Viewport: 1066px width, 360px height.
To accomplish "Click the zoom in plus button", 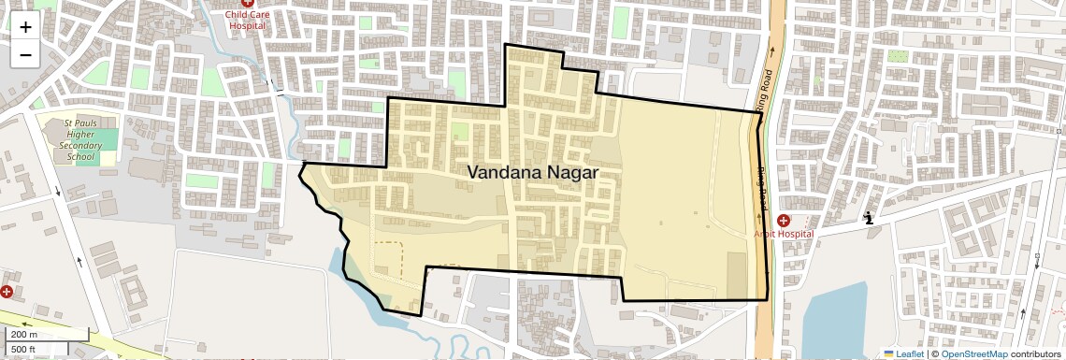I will pyautogui.click(x=25, y=27).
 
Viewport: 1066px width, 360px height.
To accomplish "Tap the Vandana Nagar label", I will pyautogui.click(x=532, y=172).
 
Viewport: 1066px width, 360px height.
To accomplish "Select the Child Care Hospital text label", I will pyautogui.click(x=248, y=20).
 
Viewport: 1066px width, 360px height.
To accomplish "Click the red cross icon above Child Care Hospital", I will pyautogui.click(x=248, y=4).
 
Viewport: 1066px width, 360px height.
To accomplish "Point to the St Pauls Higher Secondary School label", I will pyautogui.click(x=79, y=141).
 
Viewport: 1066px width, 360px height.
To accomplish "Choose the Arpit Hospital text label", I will pyautogui.click(x=784, y=233).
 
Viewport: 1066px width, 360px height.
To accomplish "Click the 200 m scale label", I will pyautogui.click(x=25, y=335).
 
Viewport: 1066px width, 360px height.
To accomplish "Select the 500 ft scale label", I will pyautogui.click(x=24, y=350).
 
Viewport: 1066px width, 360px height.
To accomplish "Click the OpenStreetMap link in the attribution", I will pyautogui.click(x=973, y=353).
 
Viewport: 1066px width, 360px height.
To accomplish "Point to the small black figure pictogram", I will pyautogui.click(x=869, y=219).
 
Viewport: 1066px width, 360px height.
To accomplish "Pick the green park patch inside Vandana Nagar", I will pyautogui.click(x=460, y=131).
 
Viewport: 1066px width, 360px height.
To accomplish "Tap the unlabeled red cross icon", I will pyautogui.click(x=7, y=292).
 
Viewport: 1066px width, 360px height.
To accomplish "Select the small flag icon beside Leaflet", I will pyautogui.click(x=888, y=353).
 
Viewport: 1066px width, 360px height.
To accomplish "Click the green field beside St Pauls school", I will pyautogui.click(x=106, y=141).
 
